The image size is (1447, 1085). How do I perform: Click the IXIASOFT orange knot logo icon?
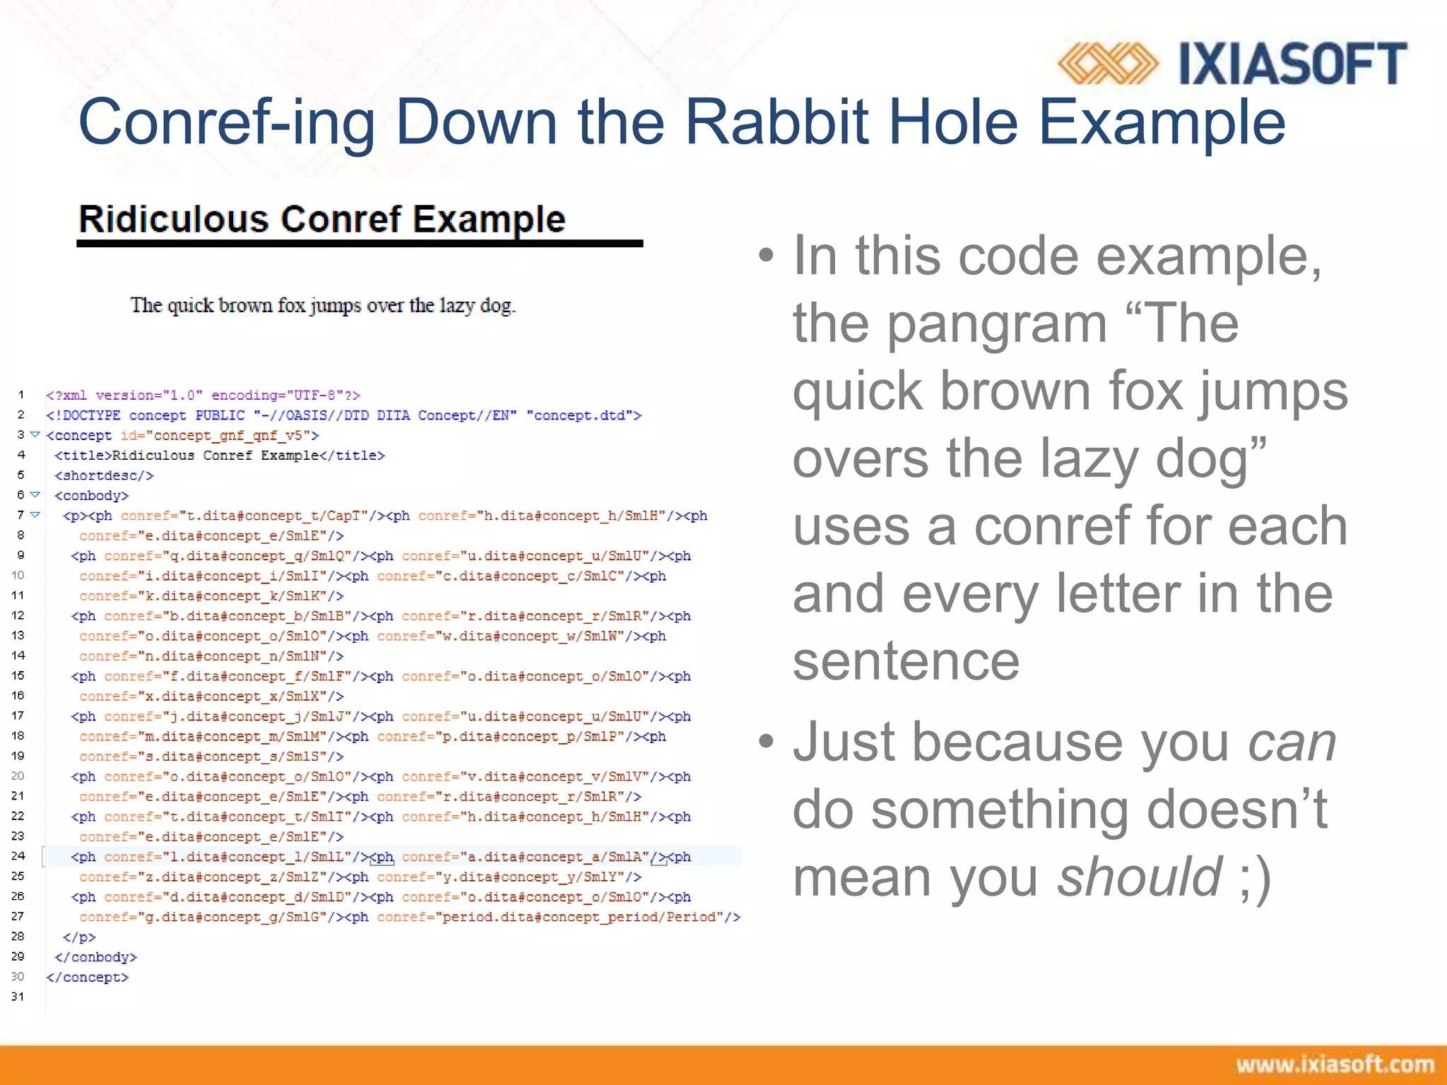pos(1106,64)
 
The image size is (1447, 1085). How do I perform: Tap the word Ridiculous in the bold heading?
pos(173,219)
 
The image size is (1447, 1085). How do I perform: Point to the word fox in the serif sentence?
pos(291,305)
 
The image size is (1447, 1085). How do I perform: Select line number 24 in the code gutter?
pos(18,855)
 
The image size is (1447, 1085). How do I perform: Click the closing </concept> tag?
pos(88,978)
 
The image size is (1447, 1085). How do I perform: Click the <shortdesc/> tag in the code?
pos(104,475)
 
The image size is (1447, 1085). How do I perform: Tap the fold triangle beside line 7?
pos(35,515)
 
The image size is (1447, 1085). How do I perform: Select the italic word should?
pos(1139,877)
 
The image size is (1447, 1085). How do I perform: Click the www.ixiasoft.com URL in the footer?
pos(1334,1064)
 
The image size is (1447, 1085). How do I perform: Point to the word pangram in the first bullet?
pos(996,323)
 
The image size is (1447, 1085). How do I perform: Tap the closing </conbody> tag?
pos(95,957)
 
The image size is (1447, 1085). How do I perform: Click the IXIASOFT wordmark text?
pos(1292,64)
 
